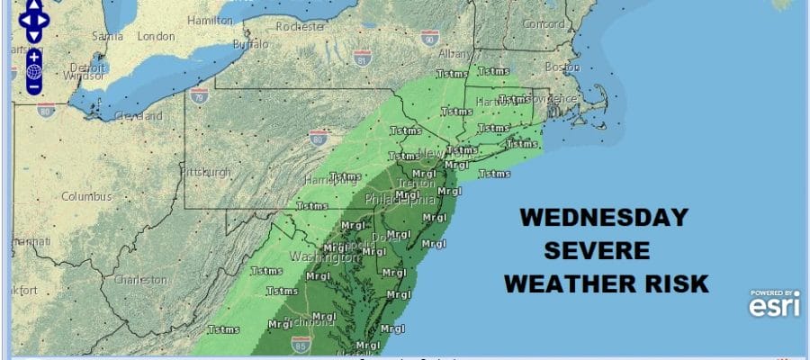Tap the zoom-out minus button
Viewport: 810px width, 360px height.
click(33, 87)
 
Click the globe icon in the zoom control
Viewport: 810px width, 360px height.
click(33, 71)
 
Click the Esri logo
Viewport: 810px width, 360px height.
click(773, 303)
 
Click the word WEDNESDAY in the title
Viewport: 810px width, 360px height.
click(605, 217)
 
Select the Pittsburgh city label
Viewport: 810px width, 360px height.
click(206, 172)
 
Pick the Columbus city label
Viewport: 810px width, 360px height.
click(86, 196)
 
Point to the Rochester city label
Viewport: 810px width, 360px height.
click(301, 26)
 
